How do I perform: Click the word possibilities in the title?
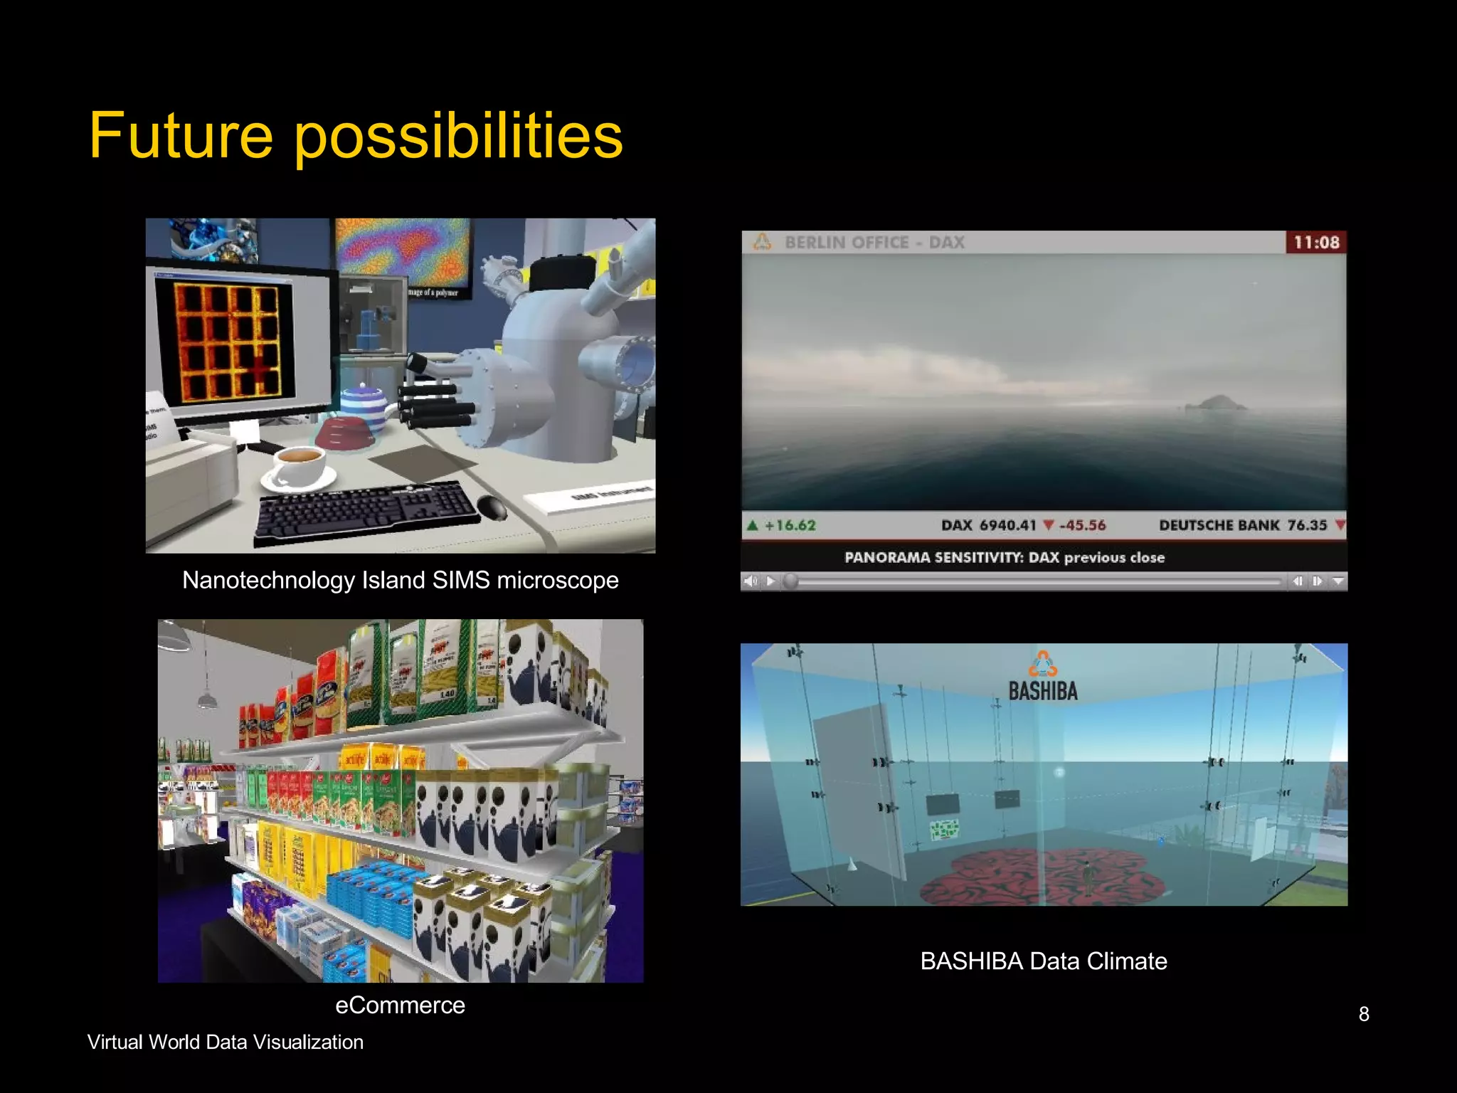(458, 137)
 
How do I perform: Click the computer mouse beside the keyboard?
(492, 507)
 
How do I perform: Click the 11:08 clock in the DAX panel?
(1315, 243)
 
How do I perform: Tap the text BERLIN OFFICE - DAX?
(874, 243)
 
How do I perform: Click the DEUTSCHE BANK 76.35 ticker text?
(1242, 525)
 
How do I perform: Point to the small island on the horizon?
(1218, 403)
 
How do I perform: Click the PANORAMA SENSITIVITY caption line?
(1004, 557)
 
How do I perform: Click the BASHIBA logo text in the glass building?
(1042, 691)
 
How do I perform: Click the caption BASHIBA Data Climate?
(1043, 961)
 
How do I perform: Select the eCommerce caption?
(400, 1005)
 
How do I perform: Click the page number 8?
(1363, 1014)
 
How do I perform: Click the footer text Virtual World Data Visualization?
(225, 1042)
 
